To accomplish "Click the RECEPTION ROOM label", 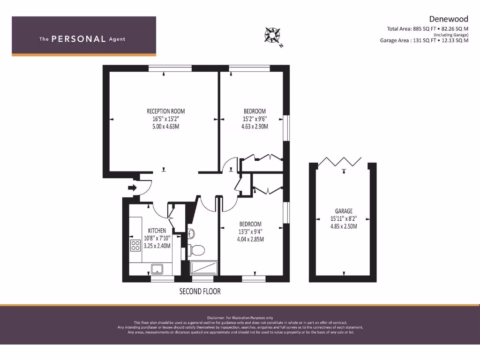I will point(165,111).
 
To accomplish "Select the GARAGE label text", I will point(344,211).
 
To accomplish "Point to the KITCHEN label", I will point(157,231).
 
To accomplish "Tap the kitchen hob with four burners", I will point(135,245).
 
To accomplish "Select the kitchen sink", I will point(156,269).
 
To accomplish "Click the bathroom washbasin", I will point(191,233).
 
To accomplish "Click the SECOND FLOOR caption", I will point(200,292).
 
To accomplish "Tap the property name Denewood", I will point(449,20).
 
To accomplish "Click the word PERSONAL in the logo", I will point(78,39).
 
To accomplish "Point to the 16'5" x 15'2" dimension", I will point(165,119).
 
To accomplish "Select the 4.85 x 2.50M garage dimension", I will point(344,226).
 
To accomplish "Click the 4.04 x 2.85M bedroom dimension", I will point(250,239).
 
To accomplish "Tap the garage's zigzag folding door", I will point(344,162).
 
